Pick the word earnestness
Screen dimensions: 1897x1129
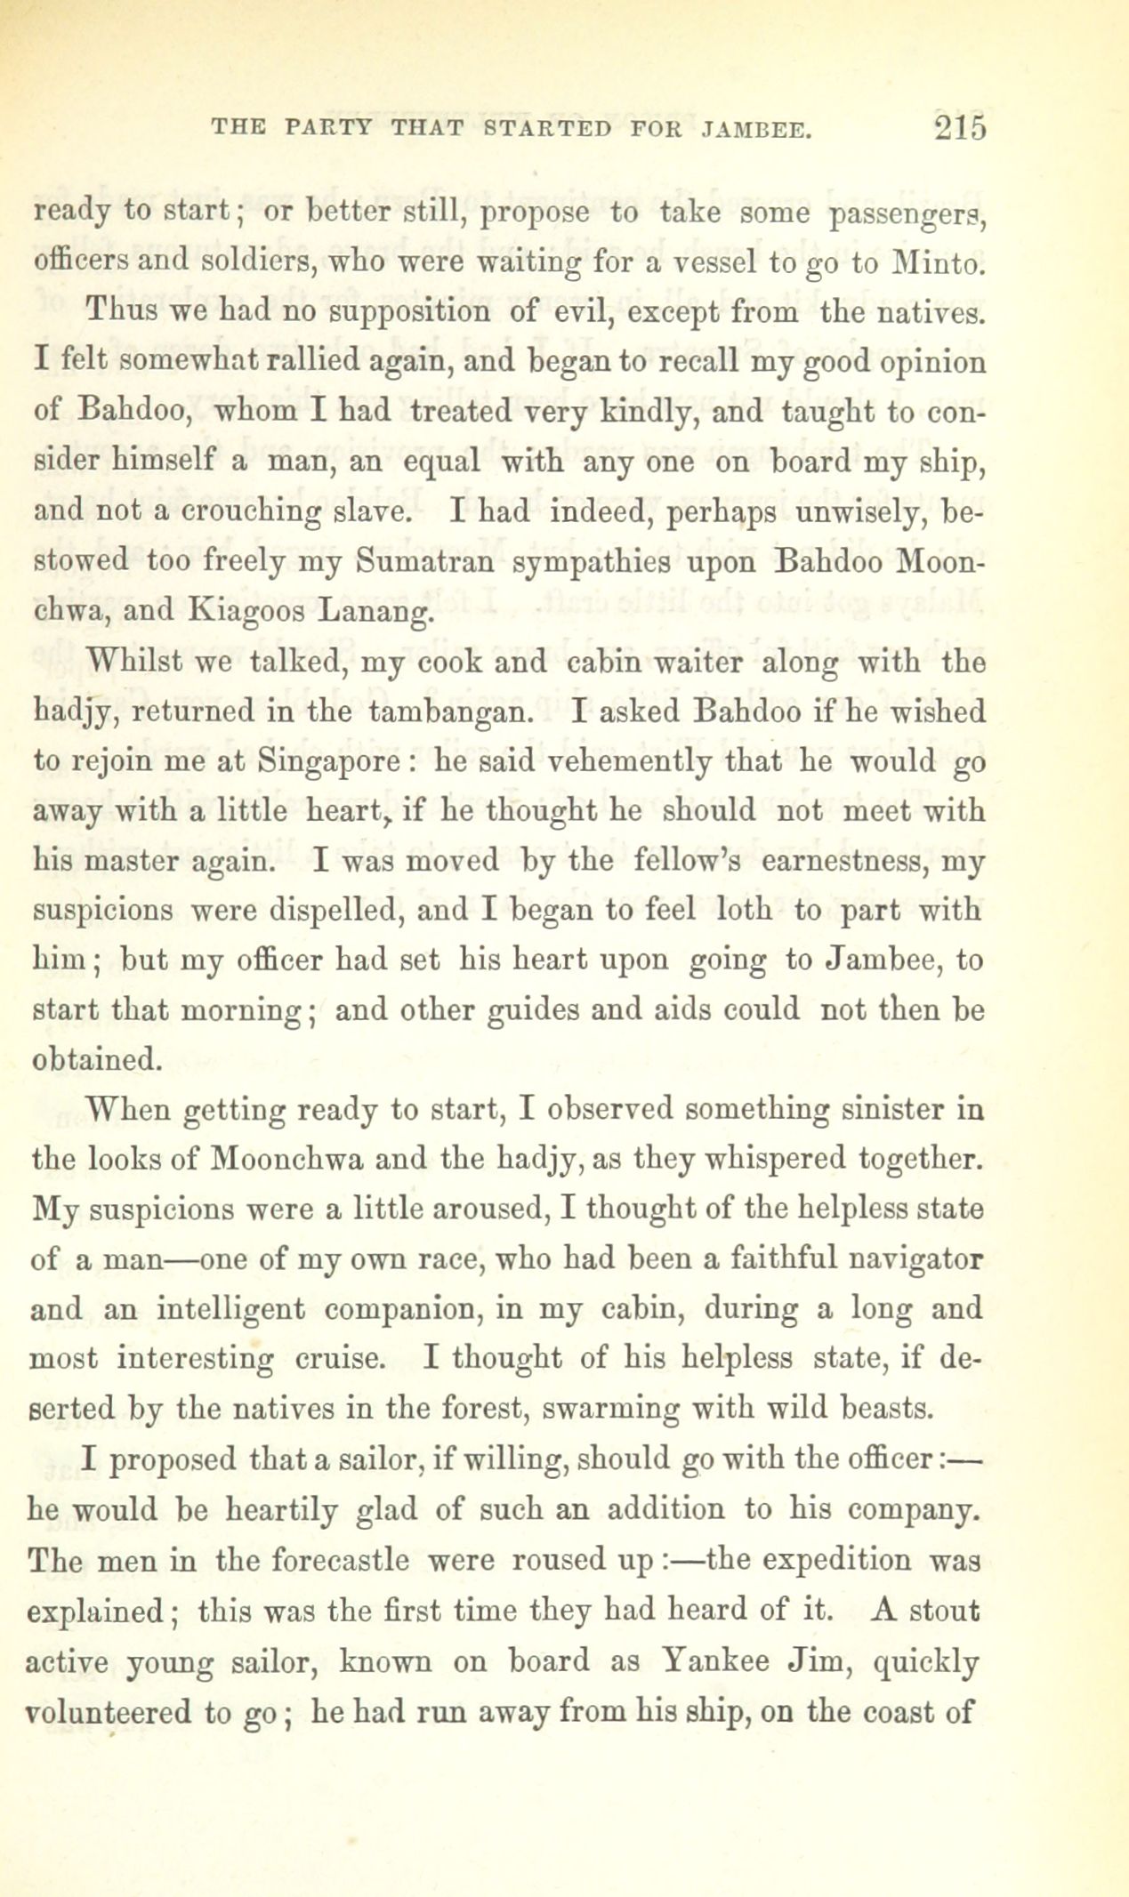click(838, 862)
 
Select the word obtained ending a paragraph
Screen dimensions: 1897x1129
click(97, 1060)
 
